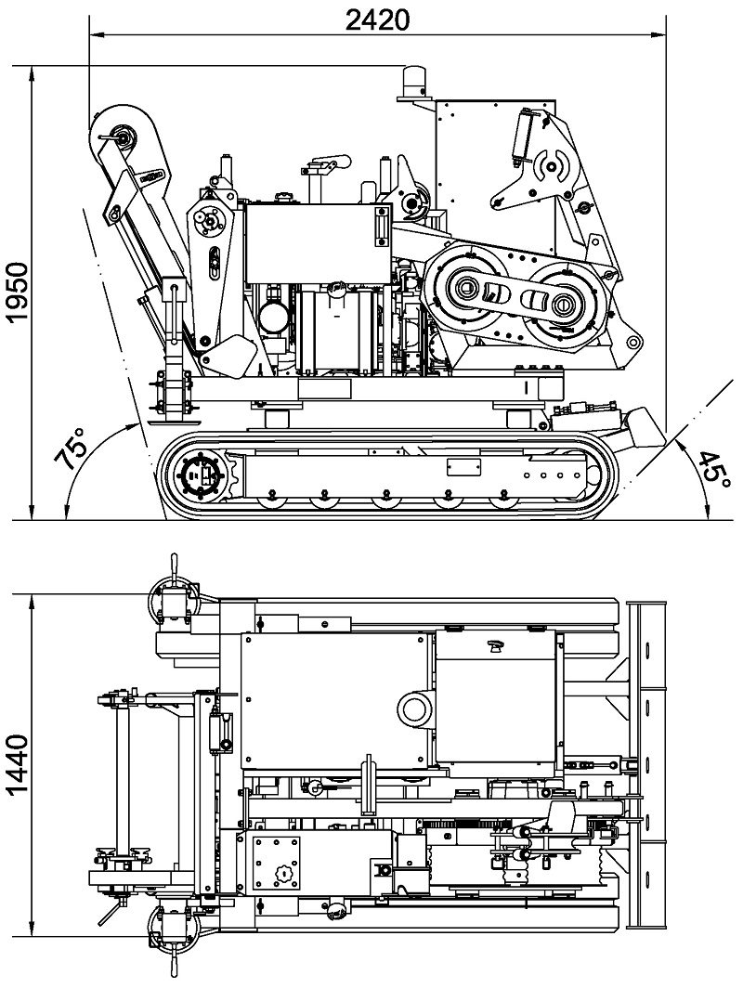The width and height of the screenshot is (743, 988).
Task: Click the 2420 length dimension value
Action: click(377, 19)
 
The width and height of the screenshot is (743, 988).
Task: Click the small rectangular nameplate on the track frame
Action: click(462, 466)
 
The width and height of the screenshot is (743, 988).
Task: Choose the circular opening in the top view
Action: click(414, 710)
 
